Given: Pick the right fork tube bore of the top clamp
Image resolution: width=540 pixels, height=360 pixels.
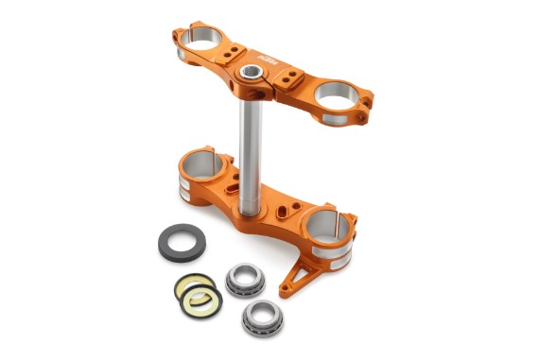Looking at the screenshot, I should pos(335,94).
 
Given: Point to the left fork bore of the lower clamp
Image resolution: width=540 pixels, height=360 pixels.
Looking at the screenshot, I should pos(206,161).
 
